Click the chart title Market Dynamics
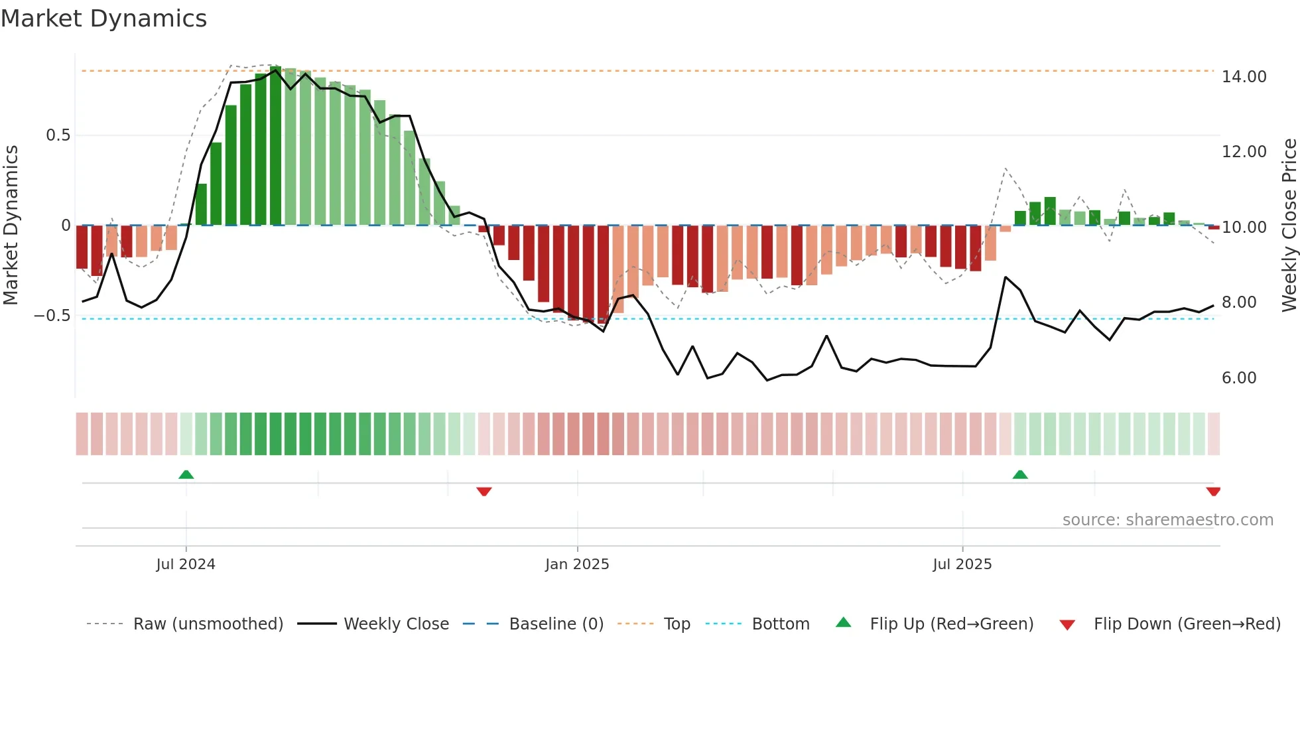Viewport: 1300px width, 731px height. coord(103,19)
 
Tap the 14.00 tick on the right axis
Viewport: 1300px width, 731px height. coord(1244,77)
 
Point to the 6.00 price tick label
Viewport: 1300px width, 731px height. coord(1238,378)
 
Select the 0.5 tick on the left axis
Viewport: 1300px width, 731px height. coord(58,135)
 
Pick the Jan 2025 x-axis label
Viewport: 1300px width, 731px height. coord(577,565)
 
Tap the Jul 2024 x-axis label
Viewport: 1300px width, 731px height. coord(186,565)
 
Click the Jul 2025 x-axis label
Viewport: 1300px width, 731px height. coord(962,565)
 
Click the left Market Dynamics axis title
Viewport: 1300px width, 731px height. coord(11,226)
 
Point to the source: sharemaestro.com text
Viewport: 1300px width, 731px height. coord(1167,520)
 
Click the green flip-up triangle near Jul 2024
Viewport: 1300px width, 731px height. coord(186,475)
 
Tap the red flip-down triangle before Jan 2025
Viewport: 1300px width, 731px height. coord(484,492)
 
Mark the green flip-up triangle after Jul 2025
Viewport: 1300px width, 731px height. coord(1020,475)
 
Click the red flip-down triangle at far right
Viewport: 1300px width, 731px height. coord(1213,492)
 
